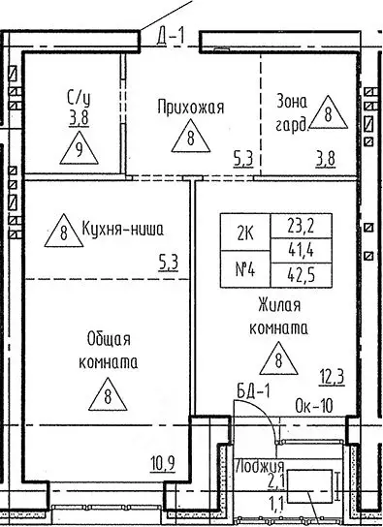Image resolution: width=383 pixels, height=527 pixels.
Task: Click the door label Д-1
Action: pos(171,37)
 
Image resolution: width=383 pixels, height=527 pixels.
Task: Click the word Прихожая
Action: pos(191,107)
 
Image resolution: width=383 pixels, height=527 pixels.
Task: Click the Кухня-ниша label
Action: pos(123,231)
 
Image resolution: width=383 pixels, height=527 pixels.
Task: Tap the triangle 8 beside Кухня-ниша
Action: pos(64,232)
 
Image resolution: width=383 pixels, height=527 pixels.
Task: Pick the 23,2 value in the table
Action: pos(294,225)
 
